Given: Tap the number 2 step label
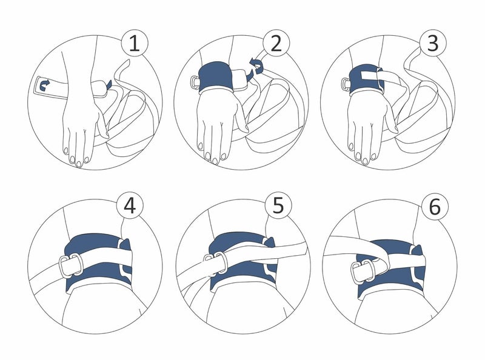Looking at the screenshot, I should (x=276, y=44).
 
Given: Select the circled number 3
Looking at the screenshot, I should (x=433, y=44).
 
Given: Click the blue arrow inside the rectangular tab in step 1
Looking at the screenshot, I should (x=44, y=87).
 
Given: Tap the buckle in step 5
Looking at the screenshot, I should (x=215, y=262).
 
